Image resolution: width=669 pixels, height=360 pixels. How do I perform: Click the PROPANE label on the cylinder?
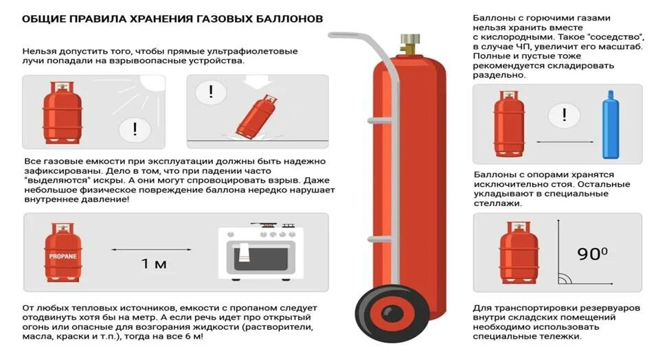(63, 256)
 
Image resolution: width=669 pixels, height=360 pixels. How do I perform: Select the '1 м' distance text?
(154, 264)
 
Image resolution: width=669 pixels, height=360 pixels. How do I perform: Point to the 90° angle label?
(592, 254)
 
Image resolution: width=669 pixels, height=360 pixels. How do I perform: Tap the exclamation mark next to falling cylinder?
(211, 91)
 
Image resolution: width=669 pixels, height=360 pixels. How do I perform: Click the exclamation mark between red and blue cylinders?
(565, 114)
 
